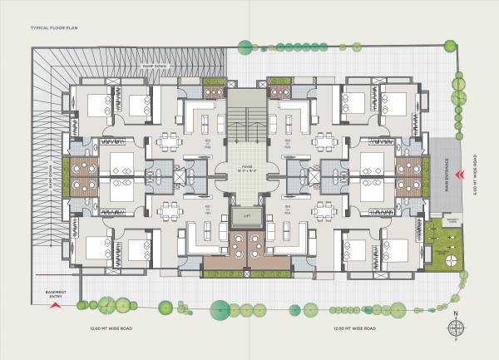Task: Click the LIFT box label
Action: [246, 216]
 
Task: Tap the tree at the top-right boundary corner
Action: [457, 81]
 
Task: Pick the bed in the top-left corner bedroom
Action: [97, 104]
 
